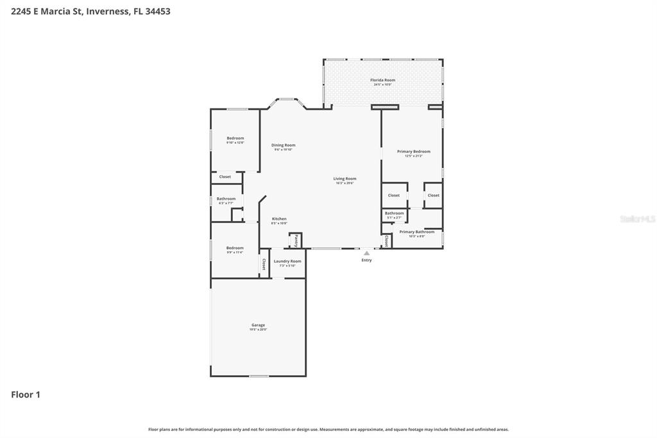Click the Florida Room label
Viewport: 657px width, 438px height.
(x=383, y=80)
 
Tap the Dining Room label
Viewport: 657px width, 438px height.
(x=283, y=145)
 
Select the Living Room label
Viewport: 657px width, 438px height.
(x=345, y=179)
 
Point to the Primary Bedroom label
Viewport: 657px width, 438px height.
(x=413, y=152)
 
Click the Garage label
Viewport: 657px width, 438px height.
(x=258, y=325)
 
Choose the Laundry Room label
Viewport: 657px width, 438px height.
(x=287, y=261)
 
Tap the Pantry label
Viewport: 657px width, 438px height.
(x=296, y=241)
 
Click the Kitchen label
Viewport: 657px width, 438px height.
(x=278, y=219)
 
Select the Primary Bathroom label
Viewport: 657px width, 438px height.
(x=416, y=232)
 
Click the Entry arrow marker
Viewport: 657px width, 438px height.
(x=366, y=253)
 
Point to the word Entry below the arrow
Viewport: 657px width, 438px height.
(x=366, y=260)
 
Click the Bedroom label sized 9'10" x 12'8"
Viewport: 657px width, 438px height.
(x=235, y=138)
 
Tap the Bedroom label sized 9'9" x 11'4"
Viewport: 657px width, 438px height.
(x=234, y=248)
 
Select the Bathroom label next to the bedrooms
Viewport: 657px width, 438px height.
(x=226, y=198)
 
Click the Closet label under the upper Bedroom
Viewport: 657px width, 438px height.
(x=225, y=177)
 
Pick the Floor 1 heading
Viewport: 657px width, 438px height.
(x=26, y=395)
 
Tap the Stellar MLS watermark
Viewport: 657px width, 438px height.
(x=637, y=219)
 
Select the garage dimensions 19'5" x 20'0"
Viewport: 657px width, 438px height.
(x=258, y=329)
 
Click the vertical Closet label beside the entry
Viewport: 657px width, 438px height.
(x=386, y=241)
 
